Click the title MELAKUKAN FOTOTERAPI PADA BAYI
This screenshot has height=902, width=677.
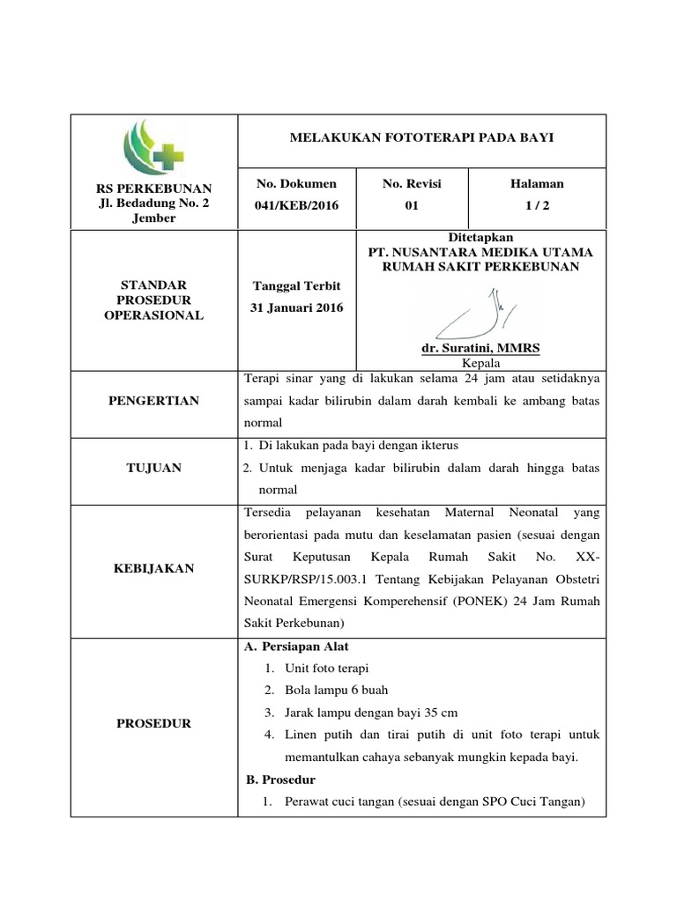[x=423, y=138]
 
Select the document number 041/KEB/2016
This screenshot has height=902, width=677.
[x=296, y=204]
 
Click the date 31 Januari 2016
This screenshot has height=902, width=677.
[x=296, y=307]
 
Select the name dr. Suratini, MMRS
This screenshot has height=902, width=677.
[x=480, y=349]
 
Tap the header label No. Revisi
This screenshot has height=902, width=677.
[x=412, y=183]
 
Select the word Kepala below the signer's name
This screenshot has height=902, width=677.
[x=480, y=363]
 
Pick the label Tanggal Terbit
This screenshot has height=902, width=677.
[x=296, y=286]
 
